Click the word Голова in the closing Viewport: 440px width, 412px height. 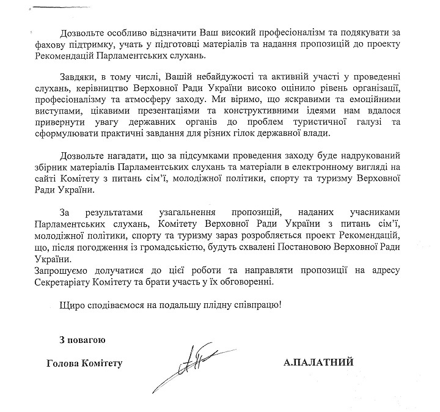64,364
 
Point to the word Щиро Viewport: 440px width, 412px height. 72,304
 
